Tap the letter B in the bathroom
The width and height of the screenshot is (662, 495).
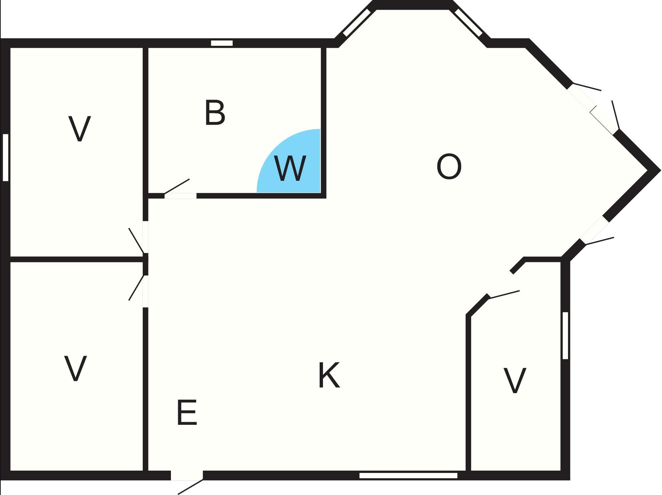[215, 113]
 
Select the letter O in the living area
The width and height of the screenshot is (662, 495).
[449, 166]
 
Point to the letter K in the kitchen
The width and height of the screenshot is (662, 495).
[329, 375]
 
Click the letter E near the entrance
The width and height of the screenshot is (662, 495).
[187, 412]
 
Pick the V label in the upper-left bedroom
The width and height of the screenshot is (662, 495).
[80, 129]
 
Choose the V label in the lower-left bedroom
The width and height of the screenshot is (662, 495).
[76, 368]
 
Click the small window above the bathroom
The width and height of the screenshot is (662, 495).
[222, 43]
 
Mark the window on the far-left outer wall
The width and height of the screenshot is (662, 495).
[5, 157]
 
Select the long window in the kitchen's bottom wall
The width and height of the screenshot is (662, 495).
[408, 475]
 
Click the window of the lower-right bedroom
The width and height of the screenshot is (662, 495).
[565, 336]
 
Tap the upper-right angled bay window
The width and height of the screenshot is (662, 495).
[468, 23]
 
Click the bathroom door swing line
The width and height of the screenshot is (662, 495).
[177, 186]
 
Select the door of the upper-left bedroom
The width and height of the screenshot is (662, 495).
[137, 241]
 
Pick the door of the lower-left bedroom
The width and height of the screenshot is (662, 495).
[137, 287]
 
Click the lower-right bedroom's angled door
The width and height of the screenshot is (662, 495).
[504, 294]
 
